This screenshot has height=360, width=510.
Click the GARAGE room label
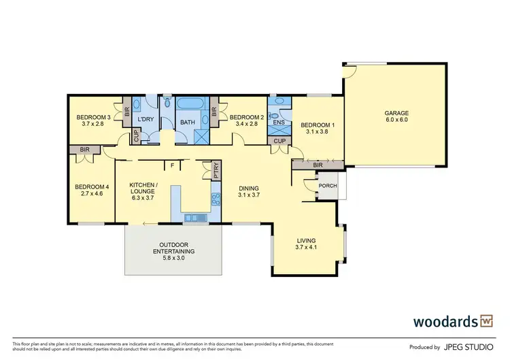395,113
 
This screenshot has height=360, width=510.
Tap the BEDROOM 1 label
318,126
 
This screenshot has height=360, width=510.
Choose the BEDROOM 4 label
92,187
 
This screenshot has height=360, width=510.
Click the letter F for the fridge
173,165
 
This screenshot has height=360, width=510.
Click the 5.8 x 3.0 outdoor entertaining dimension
173,259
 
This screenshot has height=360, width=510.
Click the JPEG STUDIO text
471,346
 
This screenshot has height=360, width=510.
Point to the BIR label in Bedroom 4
85,149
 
